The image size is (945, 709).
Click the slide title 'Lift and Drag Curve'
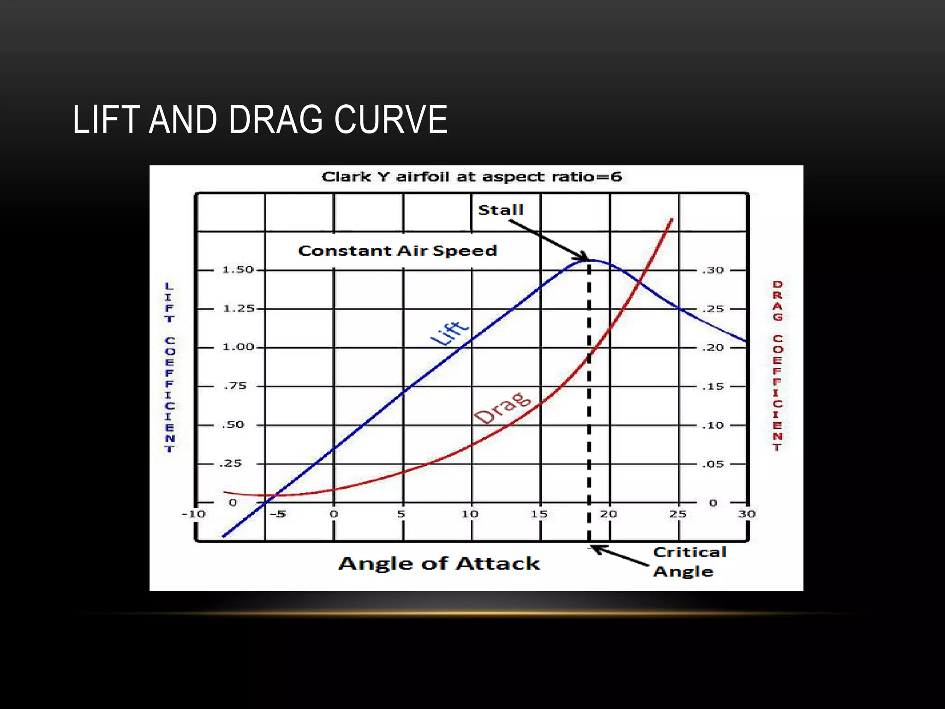point(260,120)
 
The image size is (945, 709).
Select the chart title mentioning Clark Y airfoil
point(472,177)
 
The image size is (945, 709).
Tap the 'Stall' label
point(501,210)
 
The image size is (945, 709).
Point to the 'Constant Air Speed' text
point(397,251)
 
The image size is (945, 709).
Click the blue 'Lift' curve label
point(449,333)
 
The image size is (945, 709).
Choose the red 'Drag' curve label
point(502,408)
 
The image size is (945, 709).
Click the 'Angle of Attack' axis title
point(439,564)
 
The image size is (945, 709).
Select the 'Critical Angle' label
point(689,562)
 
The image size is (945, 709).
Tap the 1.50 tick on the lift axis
point(238,270)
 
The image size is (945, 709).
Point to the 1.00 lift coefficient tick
point(238,347)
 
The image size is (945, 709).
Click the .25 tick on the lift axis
point(231,463)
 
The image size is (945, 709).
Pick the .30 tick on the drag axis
point(713,270)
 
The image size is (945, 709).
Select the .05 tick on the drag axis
point(713,464)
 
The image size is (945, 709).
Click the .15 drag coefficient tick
point(713,387)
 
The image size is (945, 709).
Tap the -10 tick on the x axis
point(193,514)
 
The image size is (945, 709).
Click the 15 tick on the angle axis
point(539,514)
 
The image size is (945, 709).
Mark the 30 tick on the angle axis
point(747,514)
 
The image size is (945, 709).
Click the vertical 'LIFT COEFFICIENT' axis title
point(169,367)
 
